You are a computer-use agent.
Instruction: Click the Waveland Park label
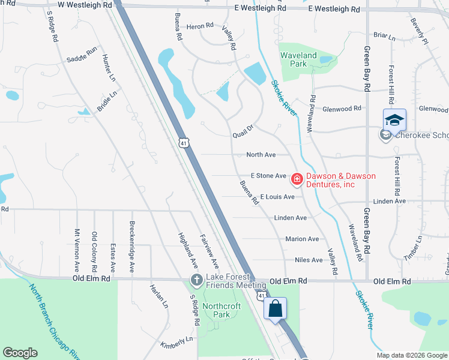(x=298, y=60)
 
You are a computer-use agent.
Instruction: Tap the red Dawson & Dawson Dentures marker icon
(x=297, y=178)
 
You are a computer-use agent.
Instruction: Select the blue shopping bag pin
(x=275, y=309)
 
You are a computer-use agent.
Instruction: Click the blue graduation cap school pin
(x=394, y=121)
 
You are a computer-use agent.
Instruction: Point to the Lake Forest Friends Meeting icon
(x=196, y=280)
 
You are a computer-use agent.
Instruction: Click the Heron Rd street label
(x=200, y=26)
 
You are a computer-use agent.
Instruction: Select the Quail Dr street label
(x=244, y=131)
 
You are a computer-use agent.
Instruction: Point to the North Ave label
(x=261, y=155)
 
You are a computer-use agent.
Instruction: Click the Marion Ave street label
(x=302, y=239)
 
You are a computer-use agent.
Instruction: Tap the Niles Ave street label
(x=309, y=260)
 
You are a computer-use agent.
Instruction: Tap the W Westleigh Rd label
(x=85, y=4)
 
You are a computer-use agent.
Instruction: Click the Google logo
(x=20, y=353)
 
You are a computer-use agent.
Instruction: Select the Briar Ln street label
(x=384, y=37)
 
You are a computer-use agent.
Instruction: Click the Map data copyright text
(x=411, y=355)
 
